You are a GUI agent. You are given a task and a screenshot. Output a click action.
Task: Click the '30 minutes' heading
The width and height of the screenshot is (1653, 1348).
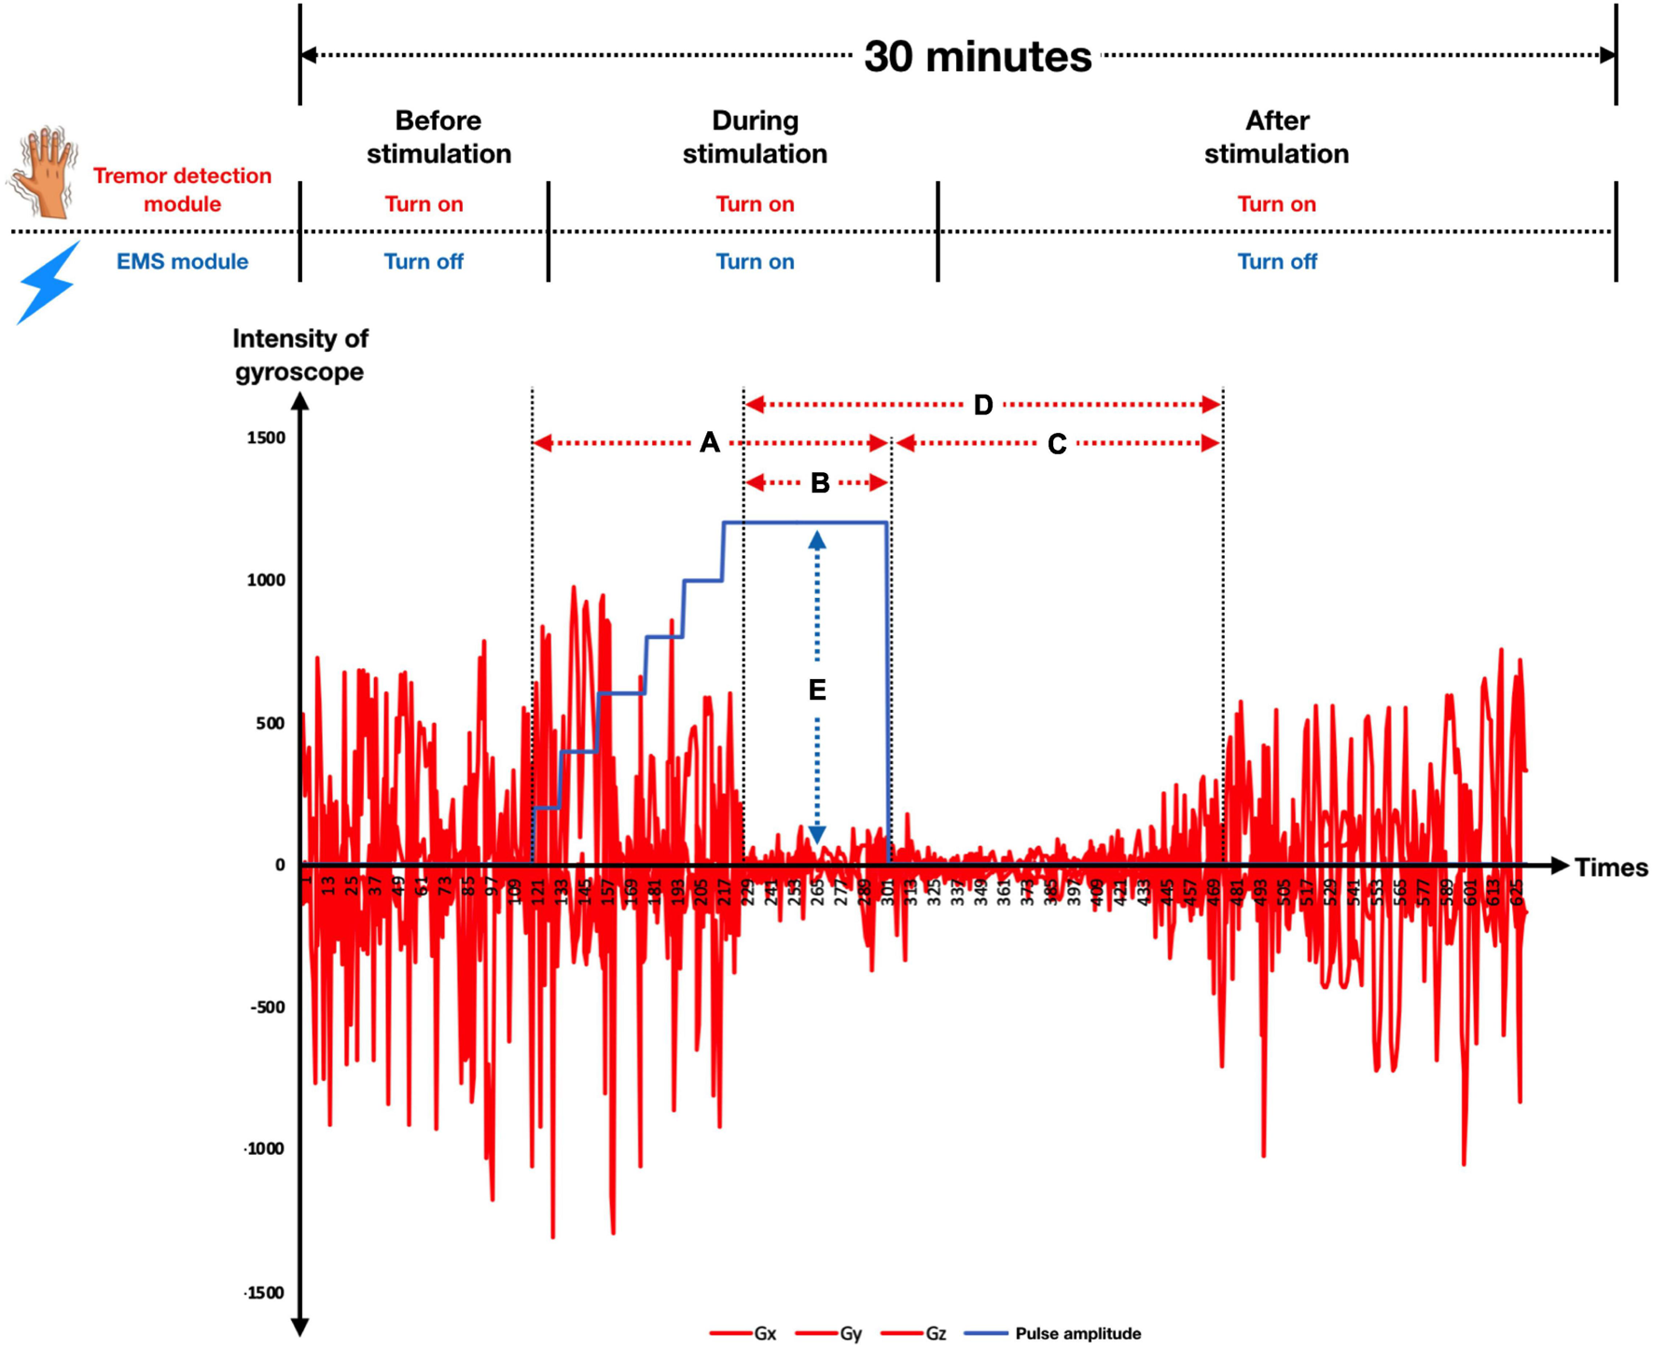tap(977, 57)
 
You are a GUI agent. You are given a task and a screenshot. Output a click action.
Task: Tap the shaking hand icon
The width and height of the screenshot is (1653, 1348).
tap(44, 174)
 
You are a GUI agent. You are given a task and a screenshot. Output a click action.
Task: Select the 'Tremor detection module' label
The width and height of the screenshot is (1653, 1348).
tap(182, 189)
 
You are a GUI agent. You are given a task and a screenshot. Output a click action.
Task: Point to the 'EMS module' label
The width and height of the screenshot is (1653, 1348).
tap(182, 261)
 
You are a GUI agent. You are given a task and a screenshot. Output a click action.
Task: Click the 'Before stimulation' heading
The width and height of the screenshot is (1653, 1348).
tap(438, 137)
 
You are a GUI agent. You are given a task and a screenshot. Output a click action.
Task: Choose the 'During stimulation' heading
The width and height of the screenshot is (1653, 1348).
tap(755, 137)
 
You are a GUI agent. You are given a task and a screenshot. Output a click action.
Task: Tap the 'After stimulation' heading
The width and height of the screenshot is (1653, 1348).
tap(1276, 137)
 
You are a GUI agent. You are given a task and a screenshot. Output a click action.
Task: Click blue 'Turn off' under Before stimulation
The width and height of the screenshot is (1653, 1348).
tap(424, 261)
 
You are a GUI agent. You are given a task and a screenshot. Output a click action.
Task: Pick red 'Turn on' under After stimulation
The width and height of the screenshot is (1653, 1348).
tap(1276, 204)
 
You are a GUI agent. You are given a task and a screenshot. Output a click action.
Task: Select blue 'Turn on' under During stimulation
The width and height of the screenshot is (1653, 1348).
tap(755, 261)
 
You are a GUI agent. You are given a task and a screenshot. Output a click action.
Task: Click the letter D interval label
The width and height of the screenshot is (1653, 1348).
tap(983, 405)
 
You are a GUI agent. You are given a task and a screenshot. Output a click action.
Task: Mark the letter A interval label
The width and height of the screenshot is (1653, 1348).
tap(710, 443)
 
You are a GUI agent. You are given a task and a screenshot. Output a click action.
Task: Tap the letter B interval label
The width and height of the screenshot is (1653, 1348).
tap(820, 483)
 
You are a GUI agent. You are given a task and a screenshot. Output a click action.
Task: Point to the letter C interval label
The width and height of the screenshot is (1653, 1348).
tap(1056, 444)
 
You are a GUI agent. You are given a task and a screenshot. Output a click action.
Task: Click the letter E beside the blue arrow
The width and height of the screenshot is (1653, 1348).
tap(817, 690)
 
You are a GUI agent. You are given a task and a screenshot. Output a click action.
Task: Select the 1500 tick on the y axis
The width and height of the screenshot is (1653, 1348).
tap(267, 438)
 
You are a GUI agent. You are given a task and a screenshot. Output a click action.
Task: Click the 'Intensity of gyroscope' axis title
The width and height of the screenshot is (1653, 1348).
tap(300, 355)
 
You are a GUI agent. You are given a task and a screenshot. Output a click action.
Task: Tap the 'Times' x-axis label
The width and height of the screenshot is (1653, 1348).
tap(1611, 868)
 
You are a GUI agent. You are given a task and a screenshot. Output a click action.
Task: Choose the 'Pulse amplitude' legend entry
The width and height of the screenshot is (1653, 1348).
tap(1077, 1334)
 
